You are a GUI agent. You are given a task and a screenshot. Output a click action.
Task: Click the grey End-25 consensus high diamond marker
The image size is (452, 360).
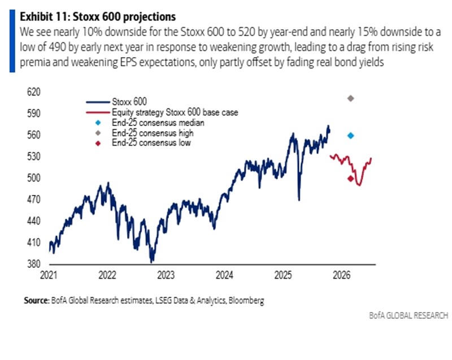pos(350,98)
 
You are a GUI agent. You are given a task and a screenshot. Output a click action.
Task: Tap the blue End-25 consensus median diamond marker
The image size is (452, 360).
pos(350,136)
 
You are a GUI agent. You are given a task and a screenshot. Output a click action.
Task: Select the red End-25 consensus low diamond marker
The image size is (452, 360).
pos(350,179)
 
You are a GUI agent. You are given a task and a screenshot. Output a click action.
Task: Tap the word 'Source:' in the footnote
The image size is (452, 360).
pos(36,301)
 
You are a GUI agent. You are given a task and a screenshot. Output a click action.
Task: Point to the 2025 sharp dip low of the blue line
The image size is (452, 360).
pos(298,199)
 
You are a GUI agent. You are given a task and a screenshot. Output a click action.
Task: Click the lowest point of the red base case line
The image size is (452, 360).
pos(359,185)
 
